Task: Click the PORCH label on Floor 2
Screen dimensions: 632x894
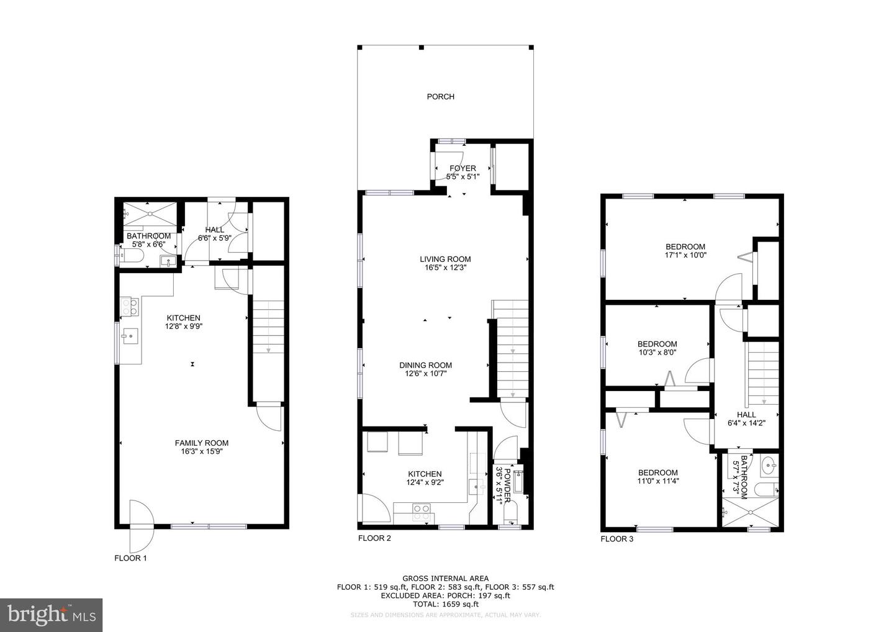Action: [x=440, y=96]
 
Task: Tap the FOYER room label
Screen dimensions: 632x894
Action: [x=463, y=168]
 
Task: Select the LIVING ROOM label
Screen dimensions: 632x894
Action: [x=445, y=260]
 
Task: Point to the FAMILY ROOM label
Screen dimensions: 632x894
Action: [x=201, y=443]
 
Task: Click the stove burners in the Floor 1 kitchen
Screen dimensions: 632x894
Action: [x=130, y=305]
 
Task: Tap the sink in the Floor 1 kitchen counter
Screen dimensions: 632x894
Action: [x=130, y=337]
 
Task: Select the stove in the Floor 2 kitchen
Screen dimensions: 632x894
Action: [x=422, y=512]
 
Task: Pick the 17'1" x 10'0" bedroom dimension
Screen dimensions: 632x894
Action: [x=685, y=255]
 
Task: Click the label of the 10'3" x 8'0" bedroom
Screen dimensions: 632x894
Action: [x=657, y=344]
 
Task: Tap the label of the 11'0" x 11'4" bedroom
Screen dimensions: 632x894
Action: [x=657, y=472]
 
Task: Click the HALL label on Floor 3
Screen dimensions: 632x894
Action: [x=746, y=415]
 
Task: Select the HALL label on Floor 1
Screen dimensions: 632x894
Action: [x=214, y=230]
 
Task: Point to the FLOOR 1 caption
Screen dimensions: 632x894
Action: [x=130, y=558]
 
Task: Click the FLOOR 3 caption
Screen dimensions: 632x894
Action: [x=616, y=539]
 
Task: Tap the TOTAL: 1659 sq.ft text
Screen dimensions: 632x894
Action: [x=445, y=604]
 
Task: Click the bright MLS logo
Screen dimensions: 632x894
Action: [x=51, y=615]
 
